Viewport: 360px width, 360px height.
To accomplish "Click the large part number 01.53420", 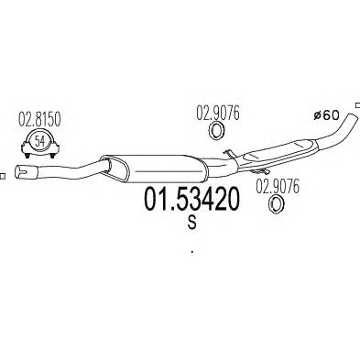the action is point(191,200).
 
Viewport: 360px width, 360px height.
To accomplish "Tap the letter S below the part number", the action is point(192,223).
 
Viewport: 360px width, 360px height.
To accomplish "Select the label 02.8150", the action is point(39,119).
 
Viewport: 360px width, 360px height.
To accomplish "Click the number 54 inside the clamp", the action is point(39,141).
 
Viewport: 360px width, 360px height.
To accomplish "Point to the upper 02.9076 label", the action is point(218,114).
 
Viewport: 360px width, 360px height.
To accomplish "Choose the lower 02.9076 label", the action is point(278,187).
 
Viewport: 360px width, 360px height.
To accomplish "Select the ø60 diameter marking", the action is point(326,115).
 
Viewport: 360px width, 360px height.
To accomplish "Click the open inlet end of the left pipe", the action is point(20,172).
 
